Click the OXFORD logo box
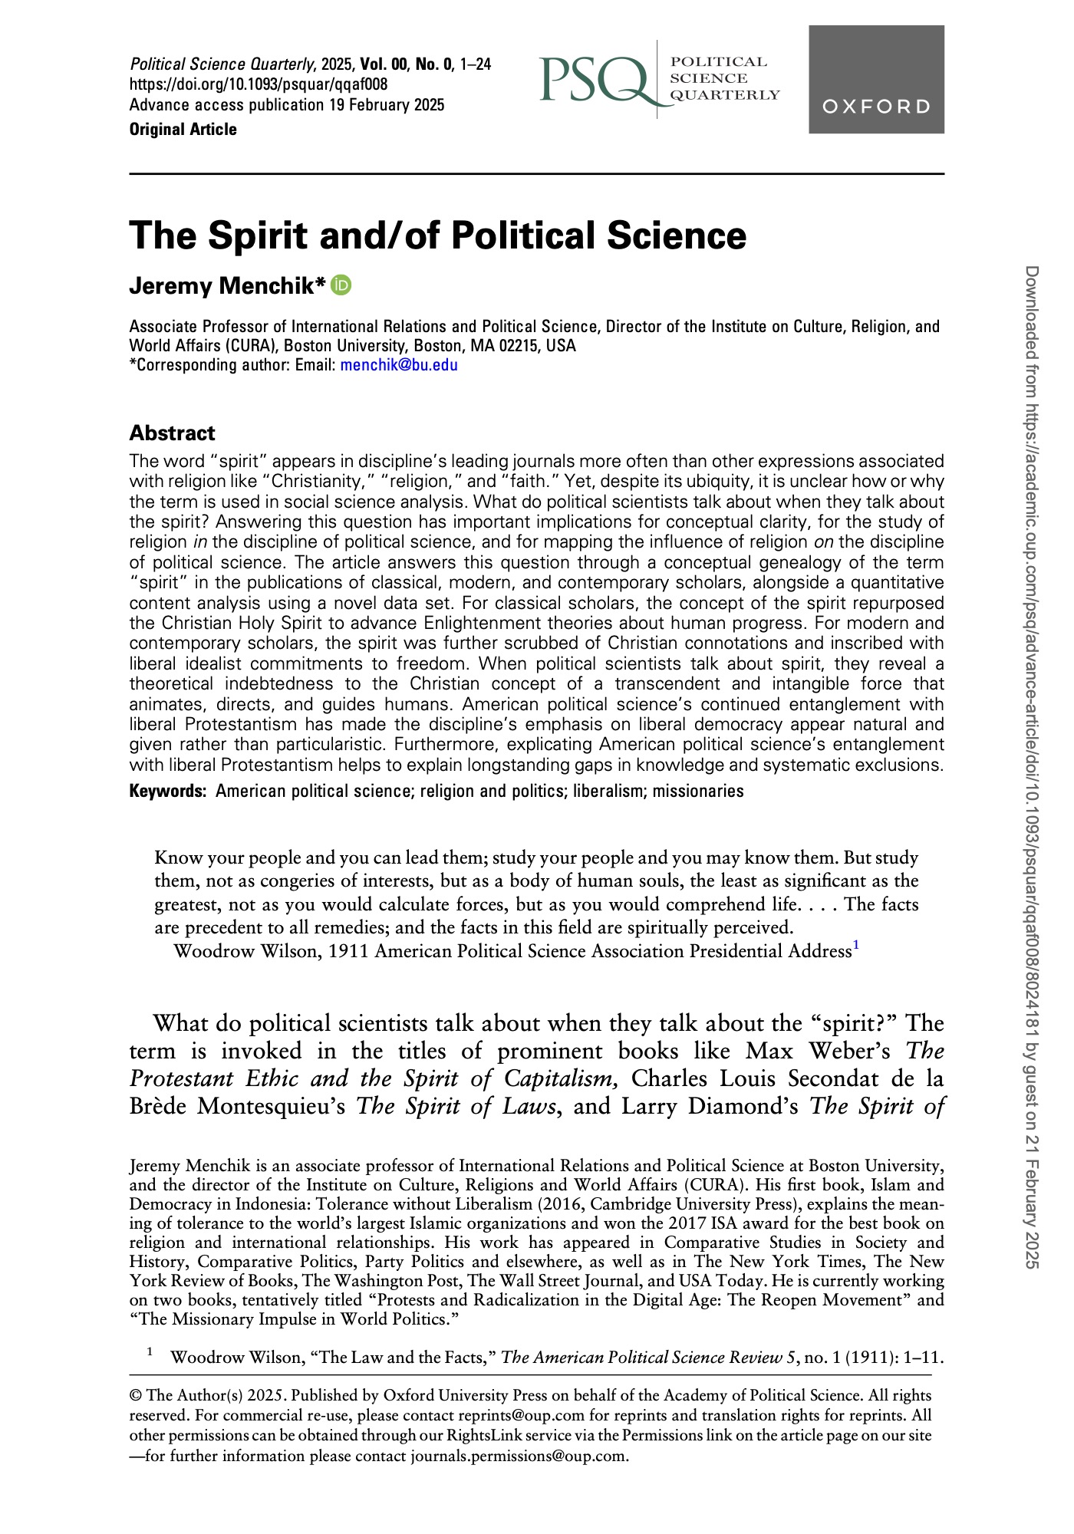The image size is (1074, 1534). pos(876,79)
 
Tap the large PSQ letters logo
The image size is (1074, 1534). pos(594,80)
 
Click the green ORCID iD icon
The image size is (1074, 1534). pos(341,285)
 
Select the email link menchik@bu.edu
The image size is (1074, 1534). pos(399,365)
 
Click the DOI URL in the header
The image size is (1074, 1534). pos(259,84)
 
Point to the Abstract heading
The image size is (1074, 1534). pos(173,433)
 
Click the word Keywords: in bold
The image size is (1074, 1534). pos(168,792)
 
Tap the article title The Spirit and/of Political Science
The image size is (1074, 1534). pos(437,235)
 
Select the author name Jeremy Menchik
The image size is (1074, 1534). pos(228,286)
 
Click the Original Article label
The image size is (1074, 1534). pos(183,130)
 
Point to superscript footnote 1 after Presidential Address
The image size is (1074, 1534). pos(855,946)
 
